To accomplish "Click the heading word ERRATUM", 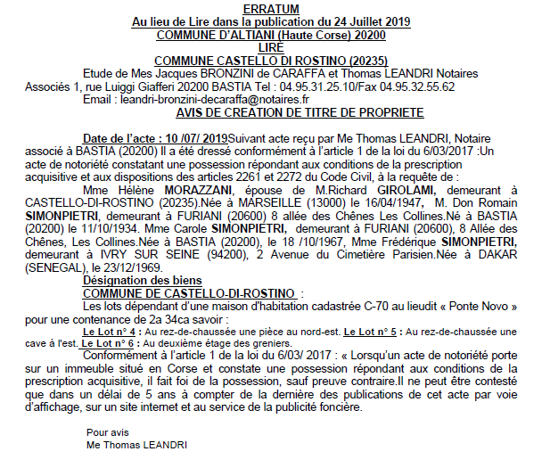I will (270, 9).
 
